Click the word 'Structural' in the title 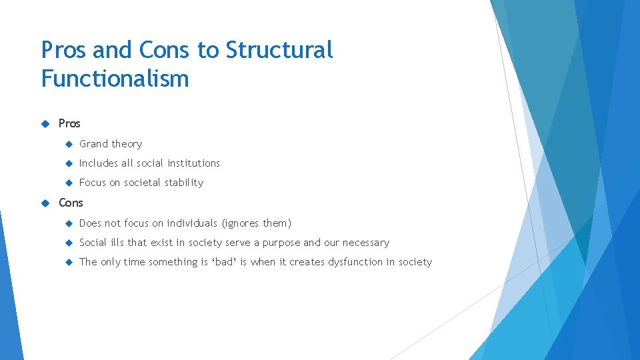click(279, 50)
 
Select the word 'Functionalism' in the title click(115, 79)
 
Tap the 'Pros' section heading click(69, 123)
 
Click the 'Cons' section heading click(71, 203)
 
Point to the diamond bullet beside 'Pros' click(45, 123)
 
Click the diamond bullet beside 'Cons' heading click(45, 203)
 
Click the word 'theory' click(127, 144)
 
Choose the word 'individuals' click(192, 223)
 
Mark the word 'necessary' click(366, 243)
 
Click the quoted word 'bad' click(223, 262)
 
